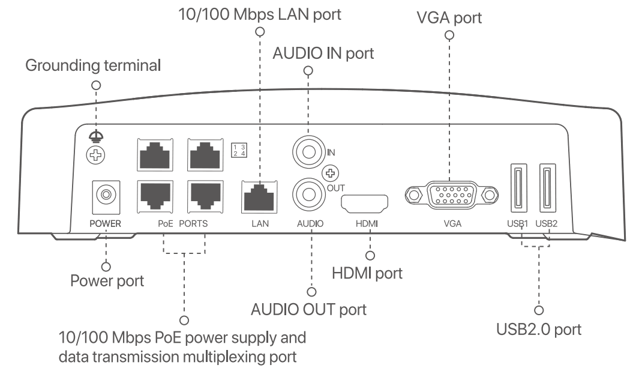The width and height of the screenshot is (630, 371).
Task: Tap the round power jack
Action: point(106,195)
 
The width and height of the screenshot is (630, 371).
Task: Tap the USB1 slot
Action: point(518,188)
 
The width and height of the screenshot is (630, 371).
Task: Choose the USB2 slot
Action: point(547,188)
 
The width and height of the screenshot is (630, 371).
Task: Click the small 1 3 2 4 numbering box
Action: point(238,150)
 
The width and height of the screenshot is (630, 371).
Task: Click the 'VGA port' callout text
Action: point(449,18)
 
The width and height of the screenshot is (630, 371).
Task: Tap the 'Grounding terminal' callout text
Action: point(93,65)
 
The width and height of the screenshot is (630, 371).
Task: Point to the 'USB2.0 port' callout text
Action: point(538,330)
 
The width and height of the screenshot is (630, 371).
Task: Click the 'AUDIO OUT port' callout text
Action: point(309,311)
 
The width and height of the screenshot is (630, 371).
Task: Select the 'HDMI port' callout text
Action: point(367,273)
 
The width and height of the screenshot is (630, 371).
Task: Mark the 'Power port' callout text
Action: point(107,280)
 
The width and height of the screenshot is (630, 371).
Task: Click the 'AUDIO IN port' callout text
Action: point(323,53)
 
